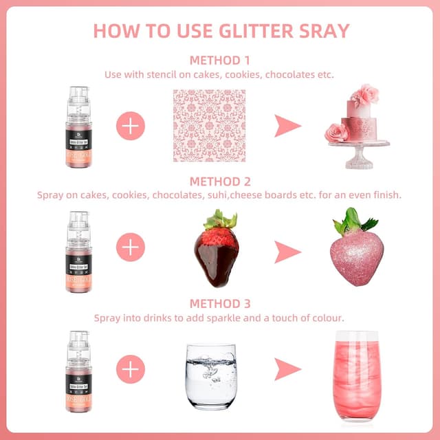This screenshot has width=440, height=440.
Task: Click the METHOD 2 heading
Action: coord(220,181)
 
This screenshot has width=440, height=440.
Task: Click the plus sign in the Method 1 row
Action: coord(131,126)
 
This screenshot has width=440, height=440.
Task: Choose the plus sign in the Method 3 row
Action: coord(131,369)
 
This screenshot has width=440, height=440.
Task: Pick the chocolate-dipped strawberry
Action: coord(217,251)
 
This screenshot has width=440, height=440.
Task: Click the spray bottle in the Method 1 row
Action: coord(78,124)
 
